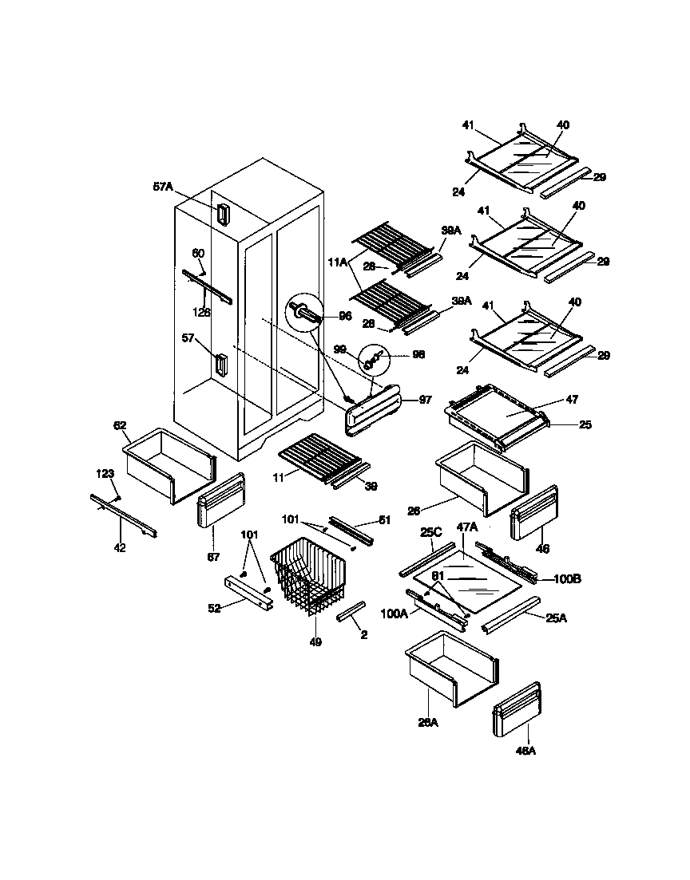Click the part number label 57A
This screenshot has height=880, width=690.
(162, 187)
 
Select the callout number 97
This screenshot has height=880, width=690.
(425, 400)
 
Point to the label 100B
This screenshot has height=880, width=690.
(566, 578)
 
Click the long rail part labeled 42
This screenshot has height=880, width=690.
(124, 515)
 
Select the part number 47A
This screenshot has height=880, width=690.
(466, 527)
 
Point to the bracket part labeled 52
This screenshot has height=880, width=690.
(250, 591)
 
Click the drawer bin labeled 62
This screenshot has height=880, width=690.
(170, 466)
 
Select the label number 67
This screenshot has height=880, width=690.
(213, 557)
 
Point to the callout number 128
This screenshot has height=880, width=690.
(201, 313)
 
